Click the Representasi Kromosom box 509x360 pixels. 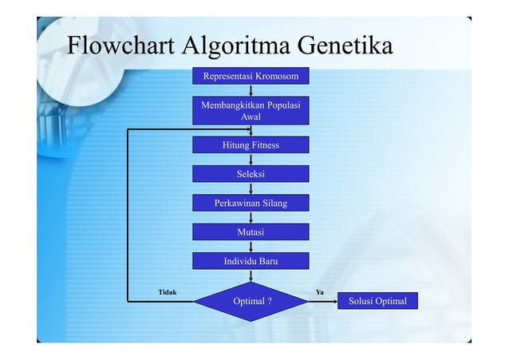251,77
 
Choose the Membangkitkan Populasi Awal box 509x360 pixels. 251,111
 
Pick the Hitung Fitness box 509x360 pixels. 251,145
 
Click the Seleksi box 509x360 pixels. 251,174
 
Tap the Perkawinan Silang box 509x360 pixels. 251,204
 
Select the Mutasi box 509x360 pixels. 251,232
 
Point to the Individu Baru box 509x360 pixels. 251,261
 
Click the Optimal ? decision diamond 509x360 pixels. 251,302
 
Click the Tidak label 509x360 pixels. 168,292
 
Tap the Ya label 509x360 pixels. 319,292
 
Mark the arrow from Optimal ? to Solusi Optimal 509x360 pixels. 323,302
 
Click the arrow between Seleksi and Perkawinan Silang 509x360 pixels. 251,189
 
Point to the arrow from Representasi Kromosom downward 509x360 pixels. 251,91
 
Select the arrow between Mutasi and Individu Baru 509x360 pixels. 251,247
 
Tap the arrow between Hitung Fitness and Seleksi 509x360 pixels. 251,160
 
